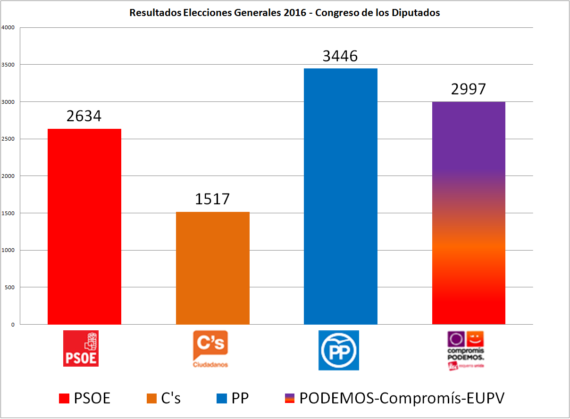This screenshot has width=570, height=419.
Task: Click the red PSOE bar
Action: pos(84,226)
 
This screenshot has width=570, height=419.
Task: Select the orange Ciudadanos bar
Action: pos(212,268)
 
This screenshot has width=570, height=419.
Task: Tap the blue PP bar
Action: pos(341,196)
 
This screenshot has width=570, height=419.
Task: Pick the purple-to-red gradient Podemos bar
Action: pos(469,213)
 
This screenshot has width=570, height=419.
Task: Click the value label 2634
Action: pos(84,116)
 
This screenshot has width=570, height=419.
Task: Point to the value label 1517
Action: pos(212,199)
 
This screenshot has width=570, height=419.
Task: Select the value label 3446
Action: pos(340,56)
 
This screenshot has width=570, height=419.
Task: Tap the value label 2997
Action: pos(468,89)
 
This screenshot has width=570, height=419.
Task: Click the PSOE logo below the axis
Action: pos(81,348)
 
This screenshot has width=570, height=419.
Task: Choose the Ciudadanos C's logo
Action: pos(210,349)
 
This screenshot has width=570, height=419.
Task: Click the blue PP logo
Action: pos(339,350)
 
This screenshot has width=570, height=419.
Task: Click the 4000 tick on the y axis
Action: pos(8,27)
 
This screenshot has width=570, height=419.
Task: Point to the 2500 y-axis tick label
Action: pos(8,139)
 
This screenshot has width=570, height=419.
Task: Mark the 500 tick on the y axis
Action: pos(10,287)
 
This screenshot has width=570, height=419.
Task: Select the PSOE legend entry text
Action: pos(92,398)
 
